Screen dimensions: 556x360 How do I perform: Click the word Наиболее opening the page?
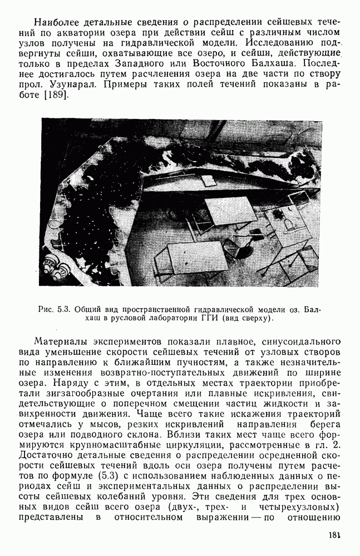[x=57, y=23]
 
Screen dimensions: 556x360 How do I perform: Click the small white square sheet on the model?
[x=208, y=180]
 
